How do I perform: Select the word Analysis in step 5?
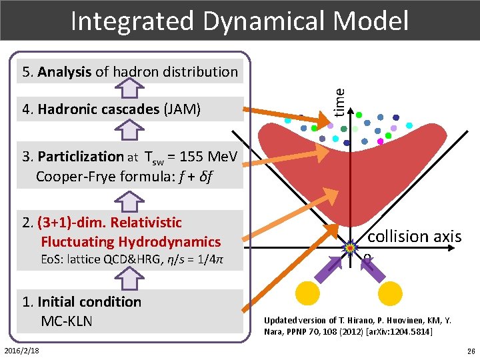65,72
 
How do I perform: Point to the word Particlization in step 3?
81,157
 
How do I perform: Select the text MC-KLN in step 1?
67,321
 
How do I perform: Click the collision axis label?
415,237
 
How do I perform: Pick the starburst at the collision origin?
349,249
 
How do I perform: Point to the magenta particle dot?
381,141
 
